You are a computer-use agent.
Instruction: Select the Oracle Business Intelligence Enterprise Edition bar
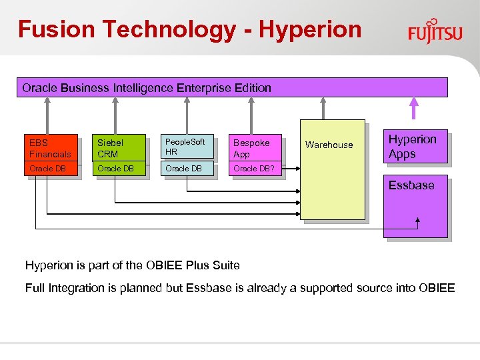(x=231, y=87)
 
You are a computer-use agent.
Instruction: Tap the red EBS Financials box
(x=52, y=148)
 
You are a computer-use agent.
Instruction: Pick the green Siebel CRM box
(x=119, y=148)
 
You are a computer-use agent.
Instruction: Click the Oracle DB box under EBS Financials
(x=52, y=169)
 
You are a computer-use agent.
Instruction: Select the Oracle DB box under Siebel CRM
(x=119, y=169)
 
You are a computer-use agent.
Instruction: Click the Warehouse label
(x=329, y=145)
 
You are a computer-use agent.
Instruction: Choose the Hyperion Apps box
(x=415, y=147)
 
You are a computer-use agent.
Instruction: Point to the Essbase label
(x=411, y=185)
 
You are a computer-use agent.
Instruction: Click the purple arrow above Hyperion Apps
(x=414, y=109)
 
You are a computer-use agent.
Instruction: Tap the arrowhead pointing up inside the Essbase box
(x=418, y=221)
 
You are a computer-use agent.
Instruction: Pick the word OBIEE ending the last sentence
(x=437, y=288)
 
